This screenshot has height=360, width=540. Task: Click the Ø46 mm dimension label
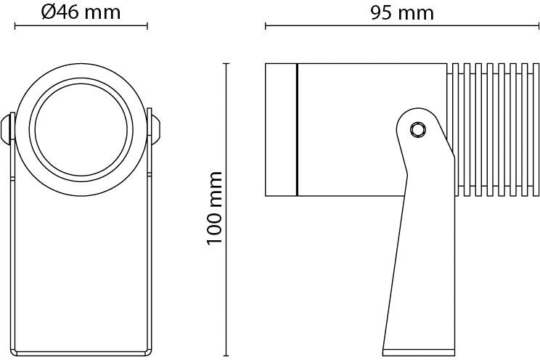pyautogui.click(x=81, y=12)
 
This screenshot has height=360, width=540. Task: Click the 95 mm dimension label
pyautogui.click(x=402, y=13)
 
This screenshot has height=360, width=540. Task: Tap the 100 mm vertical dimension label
pyautogui.click(x=214, y=208)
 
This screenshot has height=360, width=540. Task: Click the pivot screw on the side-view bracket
pyautogui.click(x=418, y=130)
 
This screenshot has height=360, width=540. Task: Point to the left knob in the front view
pyautogui.click(x=7, y=129)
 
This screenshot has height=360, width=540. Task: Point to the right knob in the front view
pyautogui.click(x=155, y=129)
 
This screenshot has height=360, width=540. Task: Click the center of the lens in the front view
pyautogui.click(x=81, y=129)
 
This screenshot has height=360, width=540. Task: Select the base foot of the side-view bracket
pyautogui.click(x=419, y=353)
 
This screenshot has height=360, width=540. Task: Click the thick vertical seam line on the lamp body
pyautogui.click(x=297, y=129)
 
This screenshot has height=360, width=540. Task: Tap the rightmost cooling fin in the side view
pyautogui.click(x=536, y=129)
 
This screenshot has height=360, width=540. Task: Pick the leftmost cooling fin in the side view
pyautogui.click(x=455, y=129)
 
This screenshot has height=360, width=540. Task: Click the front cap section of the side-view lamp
pyautogui.click(x=281, y=129)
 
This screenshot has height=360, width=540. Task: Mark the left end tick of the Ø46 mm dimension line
pyautogui.click(x=15, y=26)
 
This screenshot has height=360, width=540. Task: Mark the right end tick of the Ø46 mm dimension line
pyautogui.click(x=147, y=26)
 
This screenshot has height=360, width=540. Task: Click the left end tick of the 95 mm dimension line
pyautogui.click(x=266, y=26)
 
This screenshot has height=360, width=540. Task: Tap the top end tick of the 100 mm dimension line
pyautogui.click(x=226, y=64)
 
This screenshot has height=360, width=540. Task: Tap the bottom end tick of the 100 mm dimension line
pyautogui.click(x=226, y=356)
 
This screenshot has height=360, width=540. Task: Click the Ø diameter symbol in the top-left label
pyautogui.click(x=48, y=12)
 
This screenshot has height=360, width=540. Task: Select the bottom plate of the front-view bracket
pyautogui.click(x=81, y=353)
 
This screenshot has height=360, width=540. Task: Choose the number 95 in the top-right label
pyautogui.click(x=381, y=13)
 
